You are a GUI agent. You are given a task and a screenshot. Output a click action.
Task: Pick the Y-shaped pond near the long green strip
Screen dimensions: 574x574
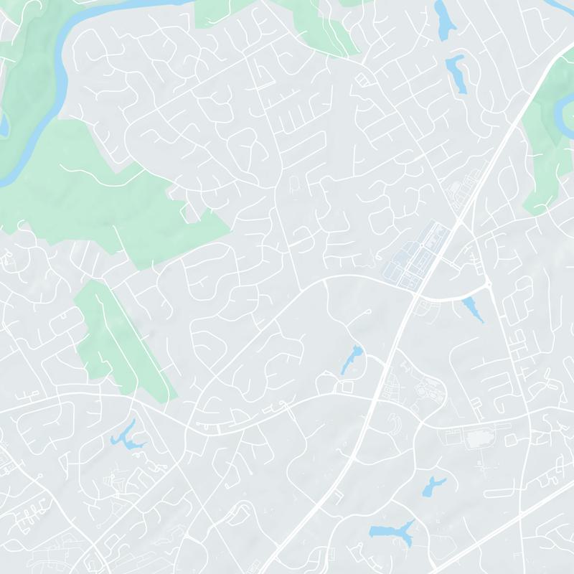tap(126, 436)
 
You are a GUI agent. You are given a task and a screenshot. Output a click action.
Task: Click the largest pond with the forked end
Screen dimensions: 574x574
tap(392, 532)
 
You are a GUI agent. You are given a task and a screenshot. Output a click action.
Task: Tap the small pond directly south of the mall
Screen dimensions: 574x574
tap(432, 486)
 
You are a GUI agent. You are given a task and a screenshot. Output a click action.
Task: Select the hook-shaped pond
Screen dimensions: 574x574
tap(456, 71)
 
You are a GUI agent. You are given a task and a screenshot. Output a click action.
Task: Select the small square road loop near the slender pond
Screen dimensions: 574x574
tap(348, 387)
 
